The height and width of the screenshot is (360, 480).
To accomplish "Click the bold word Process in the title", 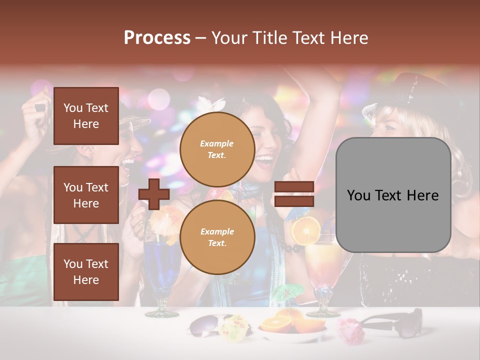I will point(157,37).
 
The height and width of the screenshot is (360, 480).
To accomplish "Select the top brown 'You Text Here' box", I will point(86,116).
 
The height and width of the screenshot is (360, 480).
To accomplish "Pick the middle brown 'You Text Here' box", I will point(86,195).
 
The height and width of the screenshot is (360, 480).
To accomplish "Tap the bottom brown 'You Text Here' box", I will point(86,271).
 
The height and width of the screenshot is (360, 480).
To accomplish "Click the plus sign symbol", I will point(154,194).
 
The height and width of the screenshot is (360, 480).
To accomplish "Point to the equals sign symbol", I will point(294,194).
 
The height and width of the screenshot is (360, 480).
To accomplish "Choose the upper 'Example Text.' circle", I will point(217,149).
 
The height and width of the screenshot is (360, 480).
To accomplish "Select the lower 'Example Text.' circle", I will point(217,237).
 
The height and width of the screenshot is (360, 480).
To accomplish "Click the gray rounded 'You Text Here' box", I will point(393,195).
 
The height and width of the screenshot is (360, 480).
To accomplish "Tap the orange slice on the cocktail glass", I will point(306,231).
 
